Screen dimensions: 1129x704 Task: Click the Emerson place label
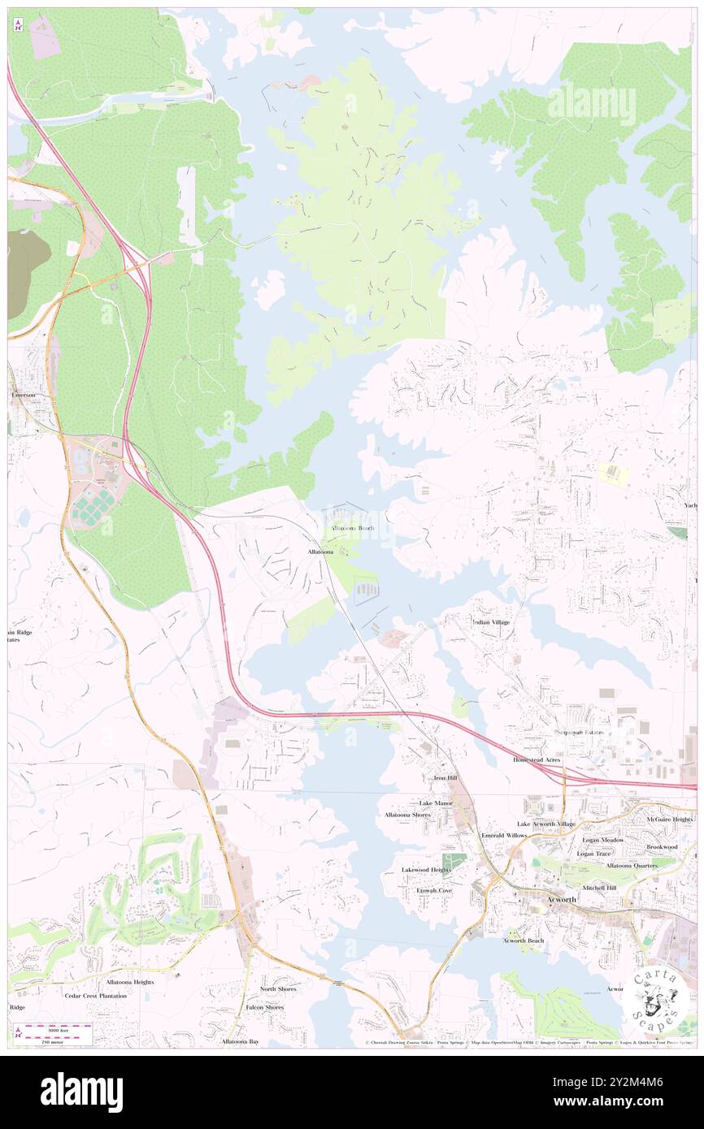24,395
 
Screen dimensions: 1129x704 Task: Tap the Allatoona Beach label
352,528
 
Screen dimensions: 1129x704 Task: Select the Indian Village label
491,622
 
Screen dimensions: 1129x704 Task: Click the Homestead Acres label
537,759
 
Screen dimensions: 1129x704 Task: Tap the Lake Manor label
436,802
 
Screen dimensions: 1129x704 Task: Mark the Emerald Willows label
504,835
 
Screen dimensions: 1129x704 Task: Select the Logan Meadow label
601,840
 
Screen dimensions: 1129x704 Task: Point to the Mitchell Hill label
599,888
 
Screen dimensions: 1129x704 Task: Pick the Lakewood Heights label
426,869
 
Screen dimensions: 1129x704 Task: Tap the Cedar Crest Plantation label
97,995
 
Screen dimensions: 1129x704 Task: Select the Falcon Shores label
265,1007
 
